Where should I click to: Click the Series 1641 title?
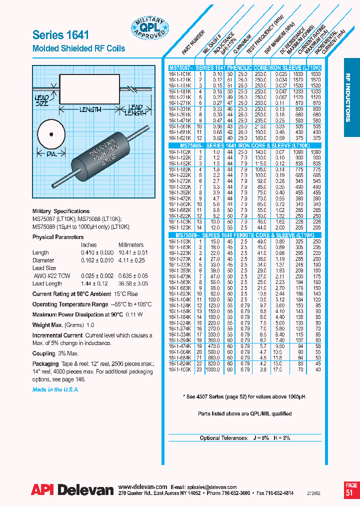[60, 34]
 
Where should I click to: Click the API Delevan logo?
[72, 489]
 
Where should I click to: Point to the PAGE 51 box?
[351, 488]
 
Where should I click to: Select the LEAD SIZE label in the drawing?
[42, 100]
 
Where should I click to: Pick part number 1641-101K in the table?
[178, 73]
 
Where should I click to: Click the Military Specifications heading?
[61, 211]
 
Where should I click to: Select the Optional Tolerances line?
[244, 437]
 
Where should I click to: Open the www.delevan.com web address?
[143, 486]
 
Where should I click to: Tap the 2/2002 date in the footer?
[331, 492]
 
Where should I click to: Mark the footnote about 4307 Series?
[244, 396]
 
